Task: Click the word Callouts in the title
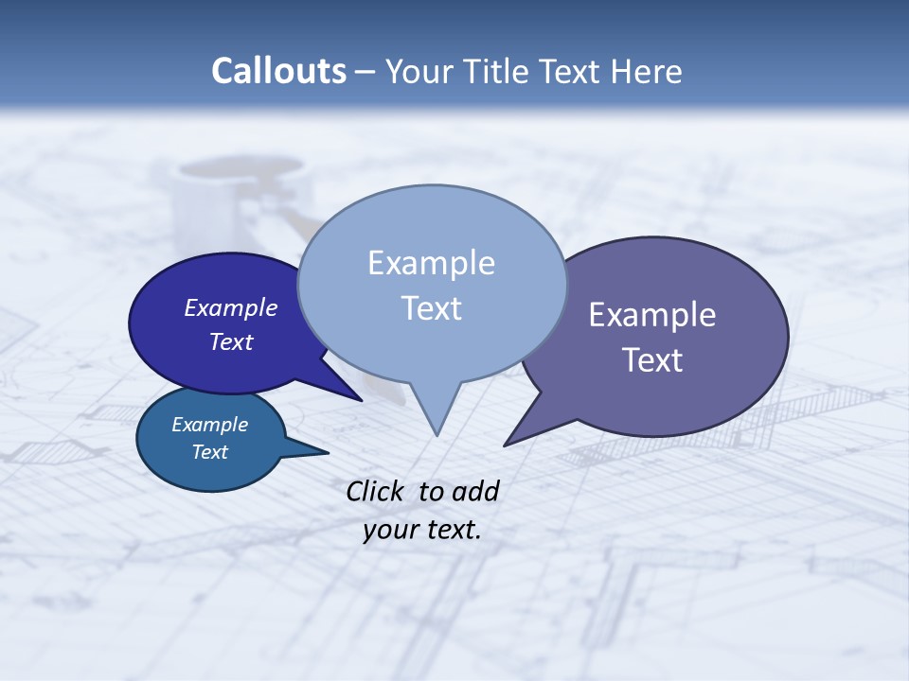(278, 72)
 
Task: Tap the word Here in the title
(649, 72)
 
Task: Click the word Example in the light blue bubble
(432, 263)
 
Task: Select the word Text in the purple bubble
(652, 360)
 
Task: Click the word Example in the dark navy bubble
(231, 308)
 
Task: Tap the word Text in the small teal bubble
(210, 452)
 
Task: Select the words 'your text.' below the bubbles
(422, 530)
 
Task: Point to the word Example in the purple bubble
(652, 315)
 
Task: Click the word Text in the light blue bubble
(432, 308)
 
